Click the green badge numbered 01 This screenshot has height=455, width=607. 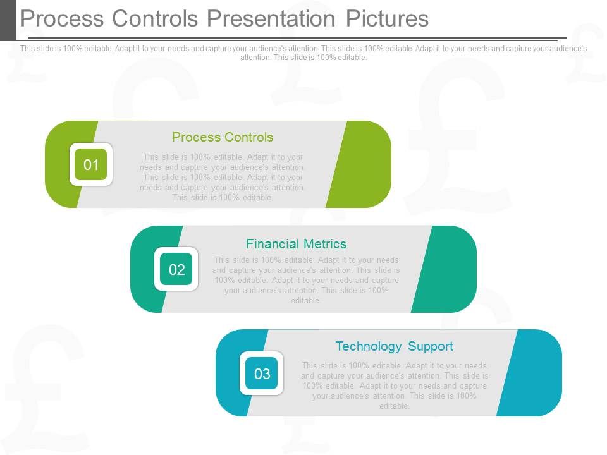pos(91,165)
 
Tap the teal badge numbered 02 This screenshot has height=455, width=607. pos(176,270)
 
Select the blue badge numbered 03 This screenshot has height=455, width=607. pos(262,373)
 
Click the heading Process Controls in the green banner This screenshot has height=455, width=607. pos(223,137)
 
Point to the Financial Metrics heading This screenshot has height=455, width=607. pos(296,243)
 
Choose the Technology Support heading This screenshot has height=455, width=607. pos(394,346)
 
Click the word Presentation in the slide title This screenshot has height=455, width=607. pos(271,19)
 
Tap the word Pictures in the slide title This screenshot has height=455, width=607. pos(387,19)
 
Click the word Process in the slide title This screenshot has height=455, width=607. pos(62,19)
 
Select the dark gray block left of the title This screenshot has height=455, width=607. pos(8,20)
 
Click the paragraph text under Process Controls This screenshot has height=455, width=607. pos(223,178)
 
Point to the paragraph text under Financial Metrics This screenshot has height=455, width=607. pos(307,280)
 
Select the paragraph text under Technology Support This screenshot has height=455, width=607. pos(395,385)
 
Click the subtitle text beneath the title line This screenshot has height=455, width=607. pos(303,52)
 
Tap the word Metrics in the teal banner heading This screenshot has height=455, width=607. pos(324,243)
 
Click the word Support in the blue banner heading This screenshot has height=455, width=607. pos(431,346)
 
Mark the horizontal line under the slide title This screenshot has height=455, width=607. pos(297,39)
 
